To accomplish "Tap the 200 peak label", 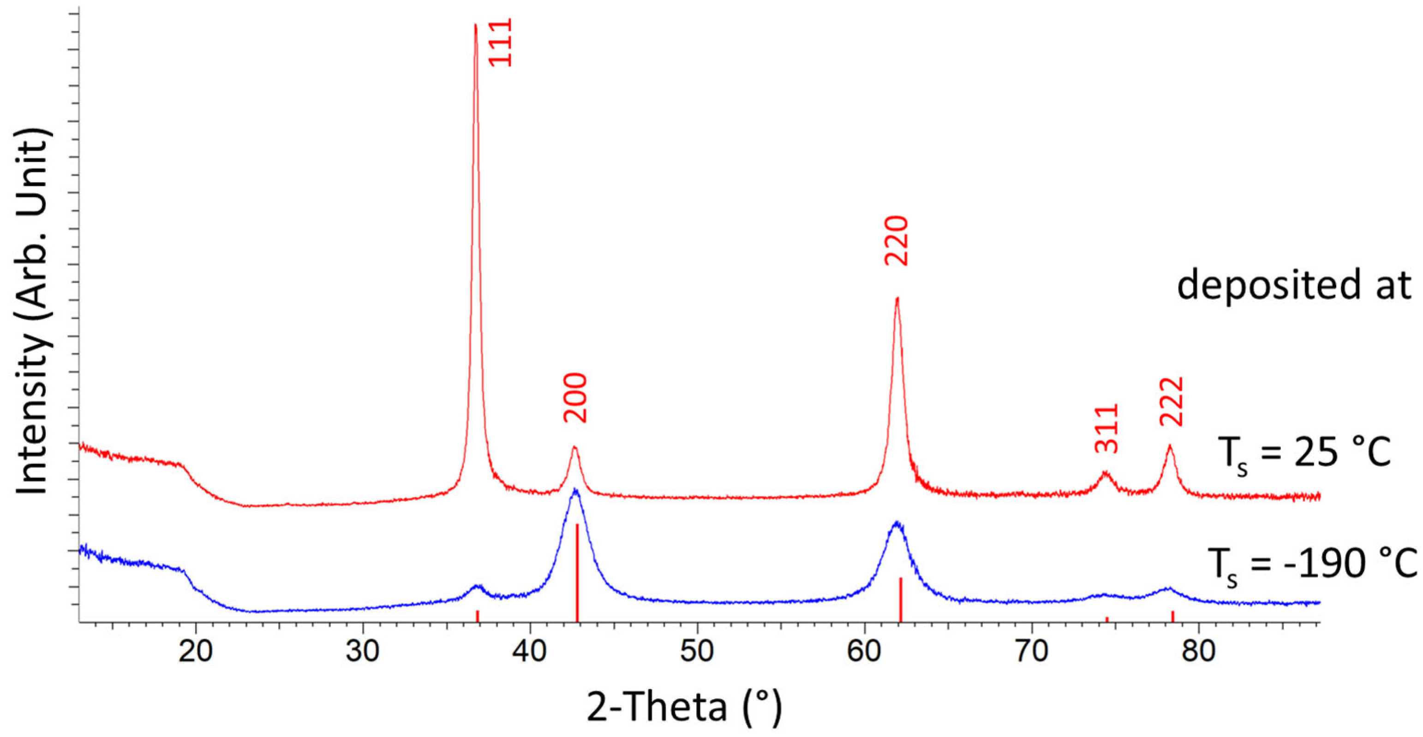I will click(x=575, y=398).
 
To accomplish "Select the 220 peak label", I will click(x=896, y=241).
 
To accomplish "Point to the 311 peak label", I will click(x=1107, y=429).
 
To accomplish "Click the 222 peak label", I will click(x=1171, y=401).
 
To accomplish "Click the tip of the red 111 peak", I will click(x=476, y=25).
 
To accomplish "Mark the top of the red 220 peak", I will click(x=897, y=299).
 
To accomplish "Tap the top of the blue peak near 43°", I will click(x=575, y=490).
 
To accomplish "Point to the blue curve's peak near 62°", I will click(x=897, y=522).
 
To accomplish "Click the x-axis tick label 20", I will click(x=196, y=651).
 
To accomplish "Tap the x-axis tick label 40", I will click(x=530, y=651).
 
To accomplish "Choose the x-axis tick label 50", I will click(x=697, y=651).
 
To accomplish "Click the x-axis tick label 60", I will click(x=865, y=651).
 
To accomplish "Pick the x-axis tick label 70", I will click(x=1032, y=651).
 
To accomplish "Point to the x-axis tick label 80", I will click(x=1199, y=651).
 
